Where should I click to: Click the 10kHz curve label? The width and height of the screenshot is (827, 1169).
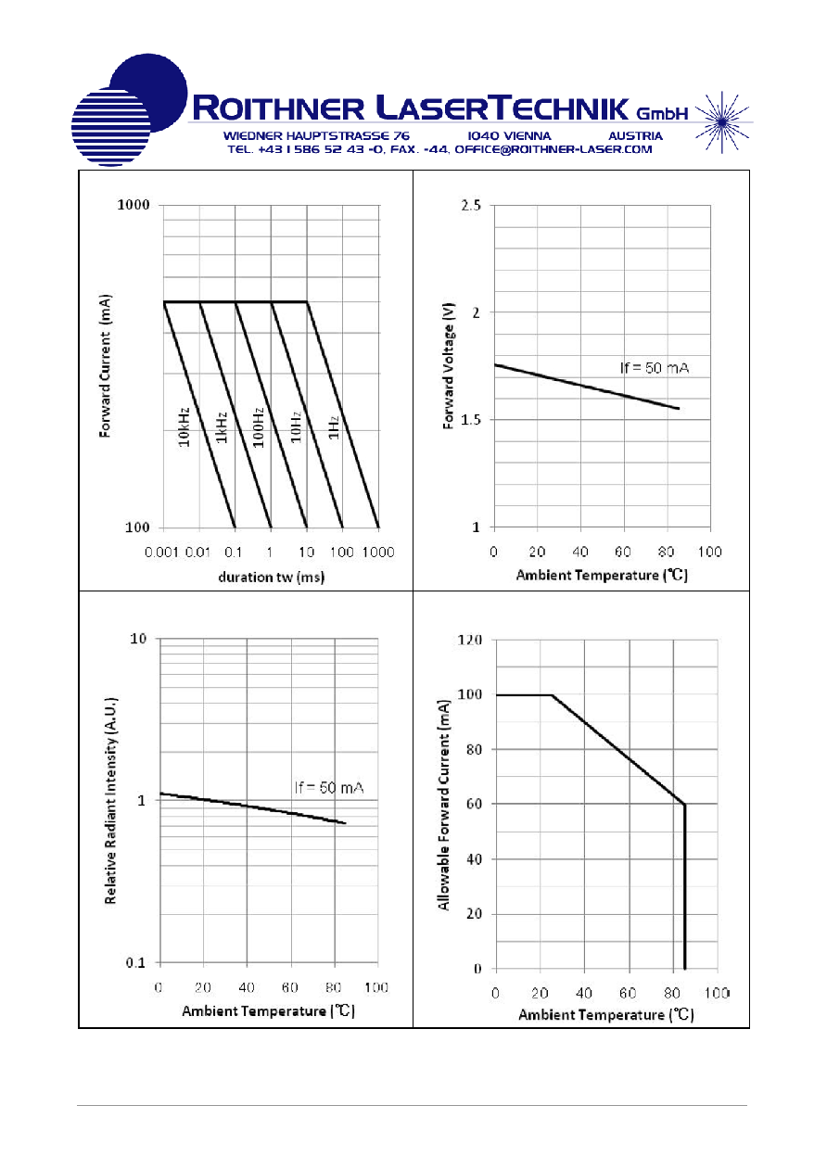click(x=184, y=426)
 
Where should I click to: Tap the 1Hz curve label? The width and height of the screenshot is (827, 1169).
click(x=334, y=427)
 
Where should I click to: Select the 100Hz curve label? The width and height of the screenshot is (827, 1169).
click(x=259, y=427)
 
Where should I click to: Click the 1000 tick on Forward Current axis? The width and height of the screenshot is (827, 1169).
click(x=134, y=205)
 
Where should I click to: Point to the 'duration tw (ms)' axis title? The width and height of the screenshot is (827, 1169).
click(x=272, y=578)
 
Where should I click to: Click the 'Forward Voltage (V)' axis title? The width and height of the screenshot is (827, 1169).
click(x=449, y=366)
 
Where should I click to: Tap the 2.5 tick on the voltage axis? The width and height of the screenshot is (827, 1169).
click(x=471, y=205)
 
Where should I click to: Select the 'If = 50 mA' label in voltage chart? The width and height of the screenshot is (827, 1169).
click(x=655, y=368)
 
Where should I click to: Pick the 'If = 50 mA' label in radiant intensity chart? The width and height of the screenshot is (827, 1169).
click(x=329, y=787)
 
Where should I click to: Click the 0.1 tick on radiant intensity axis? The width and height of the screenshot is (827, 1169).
click(x=135, y=963)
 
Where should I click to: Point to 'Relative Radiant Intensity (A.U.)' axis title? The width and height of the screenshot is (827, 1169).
click(x=110, y=801)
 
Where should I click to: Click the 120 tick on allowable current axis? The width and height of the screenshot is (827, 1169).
click(x=469, y=640)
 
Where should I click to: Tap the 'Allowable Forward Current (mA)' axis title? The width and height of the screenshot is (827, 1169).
click(x=444, y=806)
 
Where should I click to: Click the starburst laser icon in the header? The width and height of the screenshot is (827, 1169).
click(x=722, y=122)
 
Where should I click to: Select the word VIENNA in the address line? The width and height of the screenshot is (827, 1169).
click(x=525, y=136)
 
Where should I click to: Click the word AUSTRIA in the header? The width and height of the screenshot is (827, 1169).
click(x=635, y=136)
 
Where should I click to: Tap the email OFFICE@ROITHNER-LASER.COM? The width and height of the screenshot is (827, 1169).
click(x=553, y=150)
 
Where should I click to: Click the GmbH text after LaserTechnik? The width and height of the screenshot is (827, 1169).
click(x=662, y=113)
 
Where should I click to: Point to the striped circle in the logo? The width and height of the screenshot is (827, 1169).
click(x=110, y=127)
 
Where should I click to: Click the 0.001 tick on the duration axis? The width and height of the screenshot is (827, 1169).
click(x=161, y=553)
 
